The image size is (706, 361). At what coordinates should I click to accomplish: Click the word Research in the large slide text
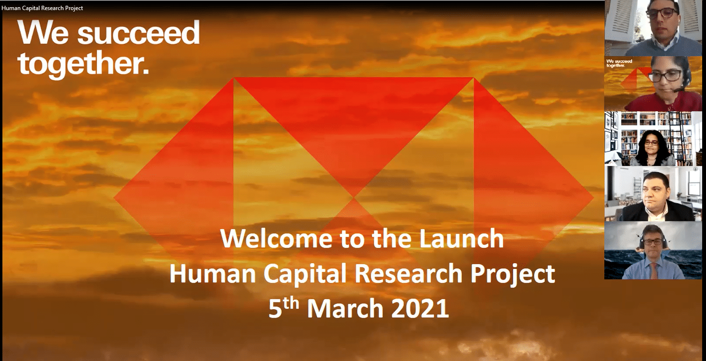point(409,273)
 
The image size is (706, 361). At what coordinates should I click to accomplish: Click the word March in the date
point(345,308)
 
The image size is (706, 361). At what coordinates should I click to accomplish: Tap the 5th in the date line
point(283,307)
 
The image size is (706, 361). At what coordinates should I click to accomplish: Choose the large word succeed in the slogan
point(138,33)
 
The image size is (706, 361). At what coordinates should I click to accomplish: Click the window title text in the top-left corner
point(42,8)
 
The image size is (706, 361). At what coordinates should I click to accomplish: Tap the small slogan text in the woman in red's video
point(619,63)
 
